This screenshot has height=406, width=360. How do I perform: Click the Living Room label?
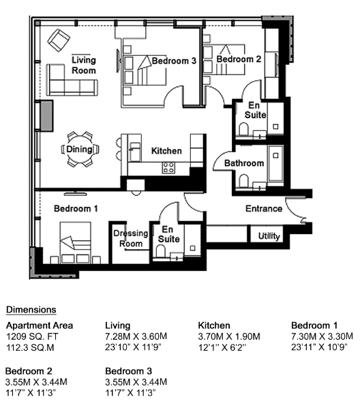[x=84, y=65]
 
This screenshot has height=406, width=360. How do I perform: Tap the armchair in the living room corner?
[x=59, y=40]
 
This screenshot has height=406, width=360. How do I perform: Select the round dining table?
[x=80, y=149]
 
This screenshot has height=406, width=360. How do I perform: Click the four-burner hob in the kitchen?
[x=168, y=168]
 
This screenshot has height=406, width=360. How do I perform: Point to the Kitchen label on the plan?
[x=166, y=151]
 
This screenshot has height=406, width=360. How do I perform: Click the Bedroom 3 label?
[x=174, y=61]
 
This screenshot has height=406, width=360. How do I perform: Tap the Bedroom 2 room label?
[x=239, y=59]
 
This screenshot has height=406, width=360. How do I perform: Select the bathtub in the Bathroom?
[x=275, y=163]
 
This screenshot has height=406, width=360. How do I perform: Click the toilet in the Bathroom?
[x=243, y=181]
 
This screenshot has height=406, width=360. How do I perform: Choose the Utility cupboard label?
[x=269, y=236]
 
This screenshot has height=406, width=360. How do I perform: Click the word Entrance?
[x=264, y=209]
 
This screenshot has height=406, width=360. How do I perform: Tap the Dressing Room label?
[x=131, y=238]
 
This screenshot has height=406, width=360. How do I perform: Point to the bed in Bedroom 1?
[x=75, y=243]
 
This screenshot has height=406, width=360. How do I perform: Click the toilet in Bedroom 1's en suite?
[x=161, y=251]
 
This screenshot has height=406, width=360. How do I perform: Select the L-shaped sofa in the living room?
[x=72, y=80]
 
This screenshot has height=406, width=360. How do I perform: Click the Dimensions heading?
[x=31, y=310]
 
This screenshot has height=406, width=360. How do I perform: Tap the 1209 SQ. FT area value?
[x=32, y=336]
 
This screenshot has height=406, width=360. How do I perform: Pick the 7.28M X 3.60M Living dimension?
[x=136, y=336]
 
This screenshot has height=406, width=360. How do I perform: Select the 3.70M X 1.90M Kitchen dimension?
[x=229, y=336]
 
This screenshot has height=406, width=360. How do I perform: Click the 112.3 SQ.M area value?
[x=30, y=347]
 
